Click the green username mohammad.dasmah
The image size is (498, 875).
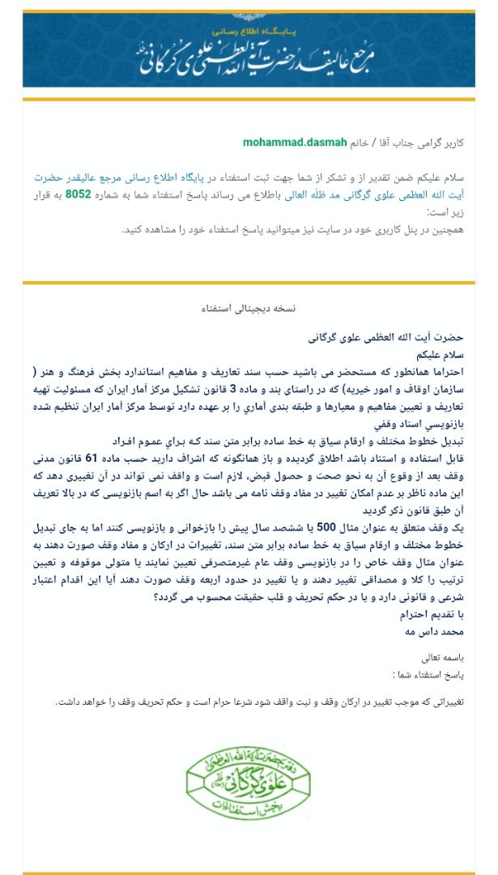coord(295,143)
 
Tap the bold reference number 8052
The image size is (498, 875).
coord(78,195)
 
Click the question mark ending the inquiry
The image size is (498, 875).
coord(155,597)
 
